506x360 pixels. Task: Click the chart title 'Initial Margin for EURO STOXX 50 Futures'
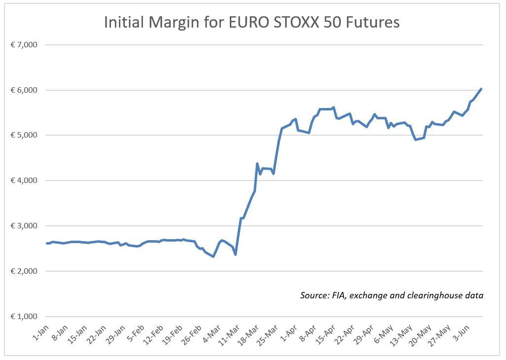point(252,22)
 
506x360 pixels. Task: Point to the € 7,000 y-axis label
point(24,45)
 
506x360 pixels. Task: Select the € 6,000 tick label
point(24,90)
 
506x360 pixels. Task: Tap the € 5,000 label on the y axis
point(24,136)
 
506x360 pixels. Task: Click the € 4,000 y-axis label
point(24,181)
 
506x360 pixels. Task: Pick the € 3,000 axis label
point(24,226)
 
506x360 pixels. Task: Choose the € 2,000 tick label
point(24,272)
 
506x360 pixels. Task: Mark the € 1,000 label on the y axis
point(24,317)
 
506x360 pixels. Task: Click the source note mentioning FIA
point(391,295)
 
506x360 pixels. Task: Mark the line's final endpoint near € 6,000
point(481,89)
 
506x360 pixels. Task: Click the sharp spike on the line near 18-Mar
point(257,164)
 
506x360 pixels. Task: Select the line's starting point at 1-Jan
point(47,243)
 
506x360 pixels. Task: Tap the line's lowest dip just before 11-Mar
point(235,254)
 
